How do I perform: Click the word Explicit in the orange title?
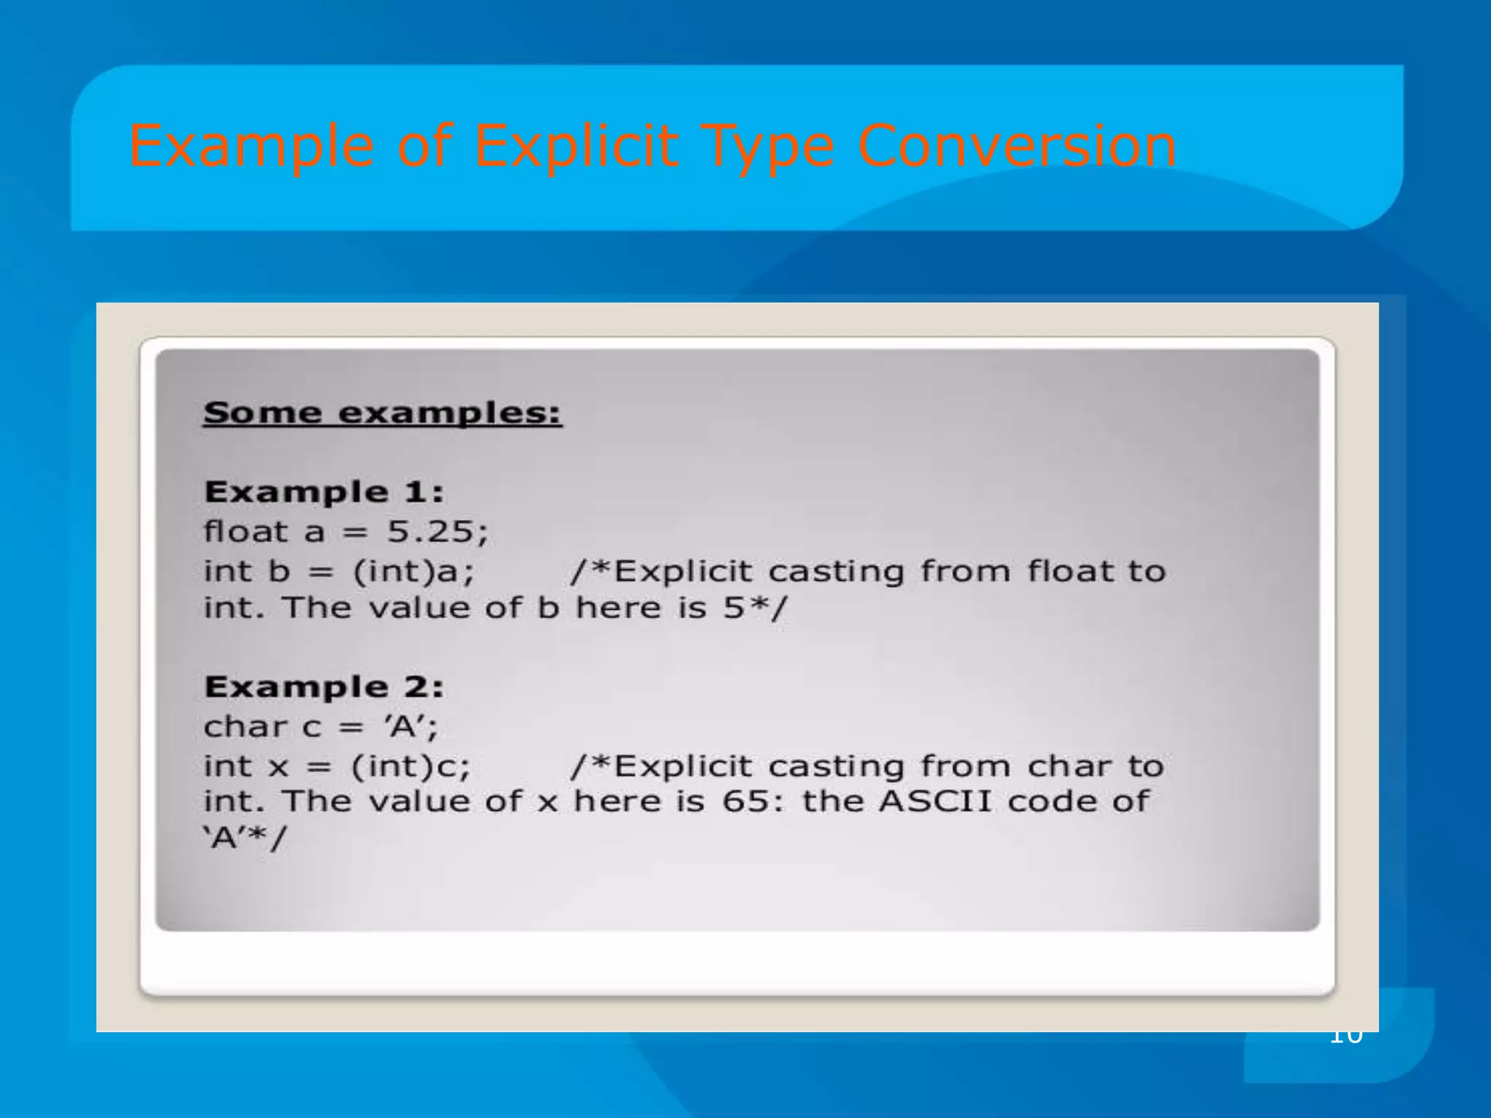coord(576,146)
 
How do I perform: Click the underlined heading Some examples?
coord(382,413)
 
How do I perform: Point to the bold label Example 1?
coord(324,492)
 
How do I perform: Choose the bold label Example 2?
coord(324,687)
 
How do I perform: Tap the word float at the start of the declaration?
coord(246,531)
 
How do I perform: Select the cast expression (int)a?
coord(414,571)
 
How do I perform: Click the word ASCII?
coord(935,801)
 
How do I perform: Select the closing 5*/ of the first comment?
coord(755,608)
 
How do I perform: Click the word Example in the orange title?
coord(252,146)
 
